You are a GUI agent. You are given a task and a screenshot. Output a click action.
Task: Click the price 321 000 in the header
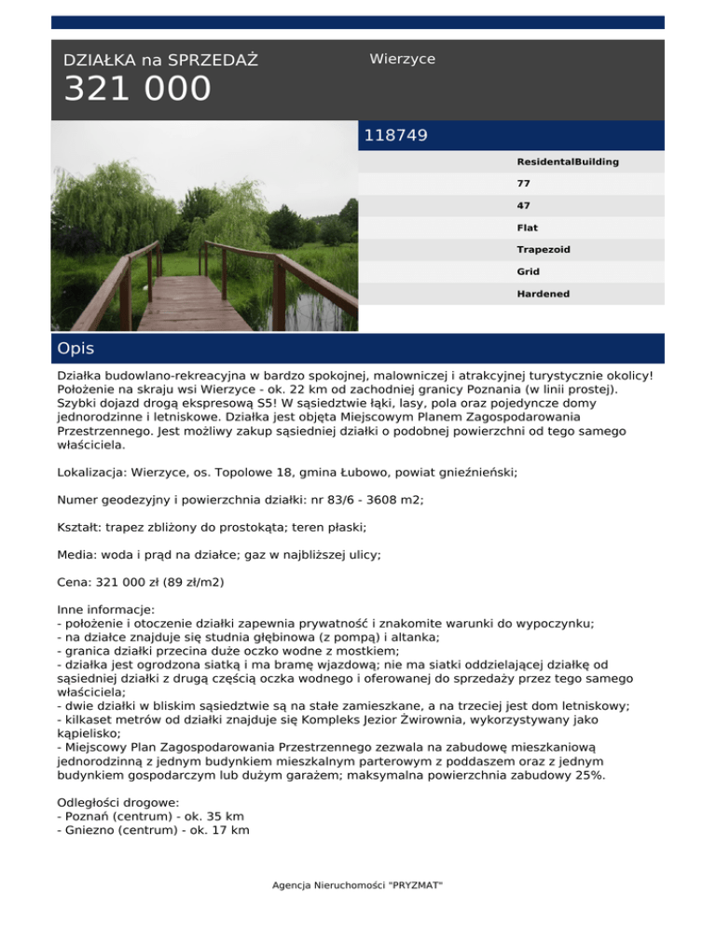[x=137, y=90]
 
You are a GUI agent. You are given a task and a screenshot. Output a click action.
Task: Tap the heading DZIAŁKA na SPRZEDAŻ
[x=160, y=61]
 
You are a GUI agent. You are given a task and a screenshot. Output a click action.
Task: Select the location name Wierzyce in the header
[x=402, y=59]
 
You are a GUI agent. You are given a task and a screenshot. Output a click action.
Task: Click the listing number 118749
[x=396, y=135]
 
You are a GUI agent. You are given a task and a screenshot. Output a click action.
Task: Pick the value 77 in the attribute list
[x=524, y=184]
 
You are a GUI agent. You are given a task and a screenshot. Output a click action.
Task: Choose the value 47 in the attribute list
[x=524, y=205]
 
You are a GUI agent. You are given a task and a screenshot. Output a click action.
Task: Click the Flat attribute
[x=527, y=228]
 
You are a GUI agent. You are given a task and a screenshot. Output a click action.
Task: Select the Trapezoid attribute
[x=544, y=250]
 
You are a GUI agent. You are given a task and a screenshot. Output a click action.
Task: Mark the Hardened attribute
[x=544, y=294]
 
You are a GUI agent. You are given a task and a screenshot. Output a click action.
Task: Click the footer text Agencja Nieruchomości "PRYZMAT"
[x=358, y=884]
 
